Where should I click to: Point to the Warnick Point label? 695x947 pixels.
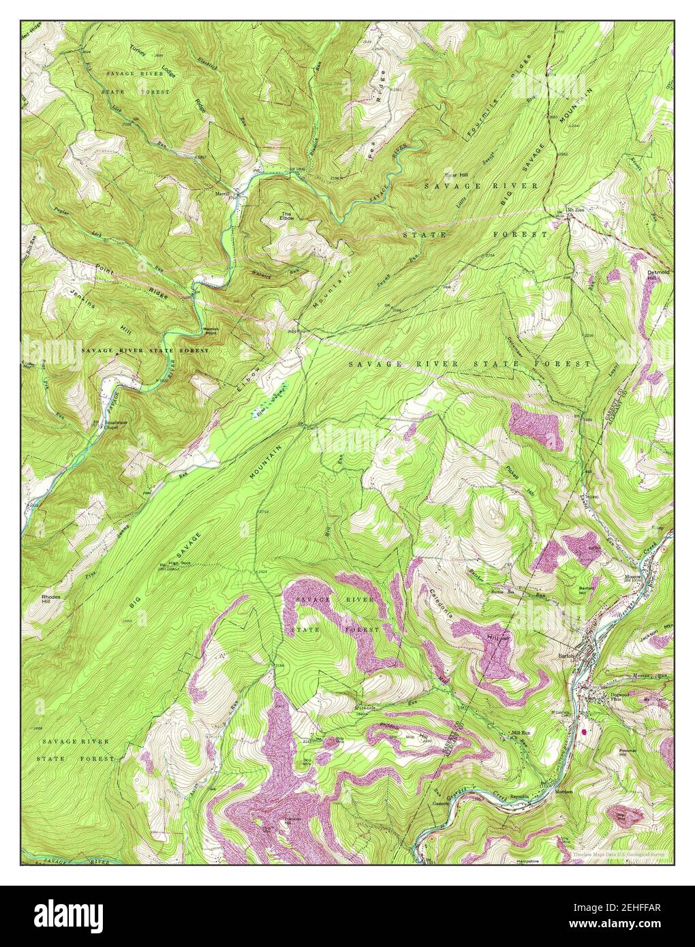[210, 332]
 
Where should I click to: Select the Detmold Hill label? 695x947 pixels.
[659, 275]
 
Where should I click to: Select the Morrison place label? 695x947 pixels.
[563, 792]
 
